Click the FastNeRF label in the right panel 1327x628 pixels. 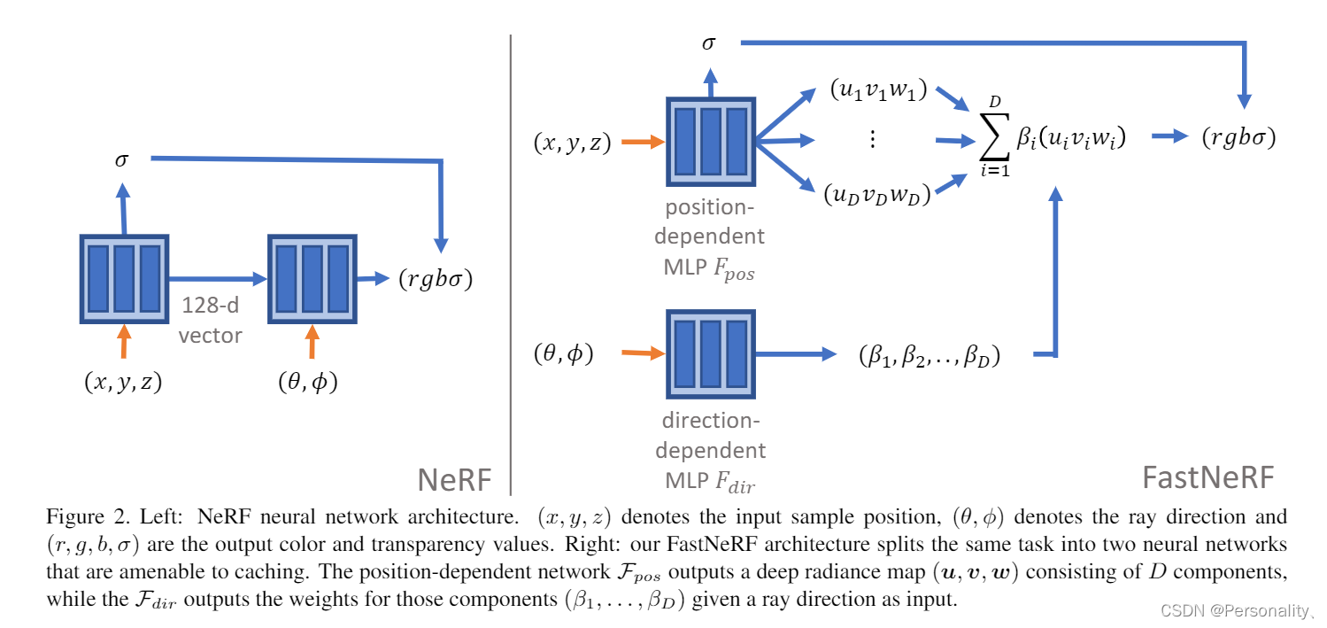[x=1207, y=478]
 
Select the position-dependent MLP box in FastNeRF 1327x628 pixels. [x=709, y=141]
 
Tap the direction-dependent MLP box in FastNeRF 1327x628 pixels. [x=709, y=353]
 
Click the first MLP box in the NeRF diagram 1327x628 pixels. [x=123, y=278]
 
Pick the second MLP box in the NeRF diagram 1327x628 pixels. [x=312, y=278]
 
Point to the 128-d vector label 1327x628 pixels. [x=210, y=321]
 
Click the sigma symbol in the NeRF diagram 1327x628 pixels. [x=121, y=159]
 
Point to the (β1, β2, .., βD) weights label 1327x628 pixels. [x=929, y=356]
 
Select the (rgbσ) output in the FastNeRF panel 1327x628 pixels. [x=1237, y=137]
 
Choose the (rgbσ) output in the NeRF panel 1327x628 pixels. [x=434, y=279]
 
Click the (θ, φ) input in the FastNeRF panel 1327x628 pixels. [x=563, y=353]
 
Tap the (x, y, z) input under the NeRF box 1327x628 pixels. [x=123, y=382]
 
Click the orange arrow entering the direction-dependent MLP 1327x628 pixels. [x=642, y=353]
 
